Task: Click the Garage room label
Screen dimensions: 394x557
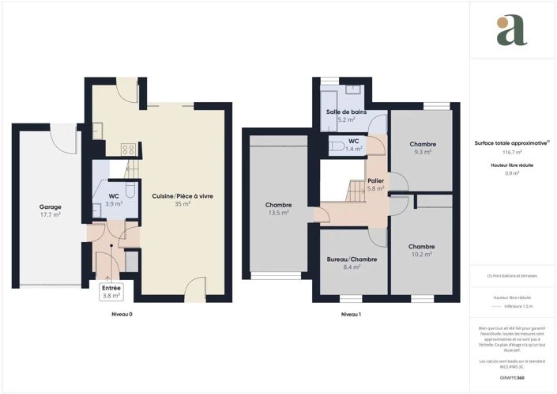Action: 51,206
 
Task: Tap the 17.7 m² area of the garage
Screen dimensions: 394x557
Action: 51,214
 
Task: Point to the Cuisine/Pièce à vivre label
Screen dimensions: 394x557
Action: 183,195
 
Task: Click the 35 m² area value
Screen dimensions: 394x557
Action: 183,203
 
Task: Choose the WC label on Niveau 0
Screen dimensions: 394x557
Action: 114,195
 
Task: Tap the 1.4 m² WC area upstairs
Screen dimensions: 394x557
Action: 354,148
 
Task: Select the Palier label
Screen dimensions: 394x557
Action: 375,180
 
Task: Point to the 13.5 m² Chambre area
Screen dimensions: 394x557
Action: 277,213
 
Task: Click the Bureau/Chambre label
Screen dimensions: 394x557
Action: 352,259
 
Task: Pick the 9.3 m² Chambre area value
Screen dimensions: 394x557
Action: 423,151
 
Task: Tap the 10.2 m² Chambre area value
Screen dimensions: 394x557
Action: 422,254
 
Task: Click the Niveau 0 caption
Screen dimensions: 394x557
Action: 121,314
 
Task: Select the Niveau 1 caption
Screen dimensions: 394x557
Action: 351,314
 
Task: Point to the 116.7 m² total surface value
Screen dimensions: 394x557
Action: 512,152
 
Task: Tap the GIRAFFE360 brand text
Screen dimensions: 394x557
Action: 512,378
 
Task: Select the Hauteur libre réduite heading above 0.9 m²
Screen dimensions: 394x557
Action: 512,165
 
